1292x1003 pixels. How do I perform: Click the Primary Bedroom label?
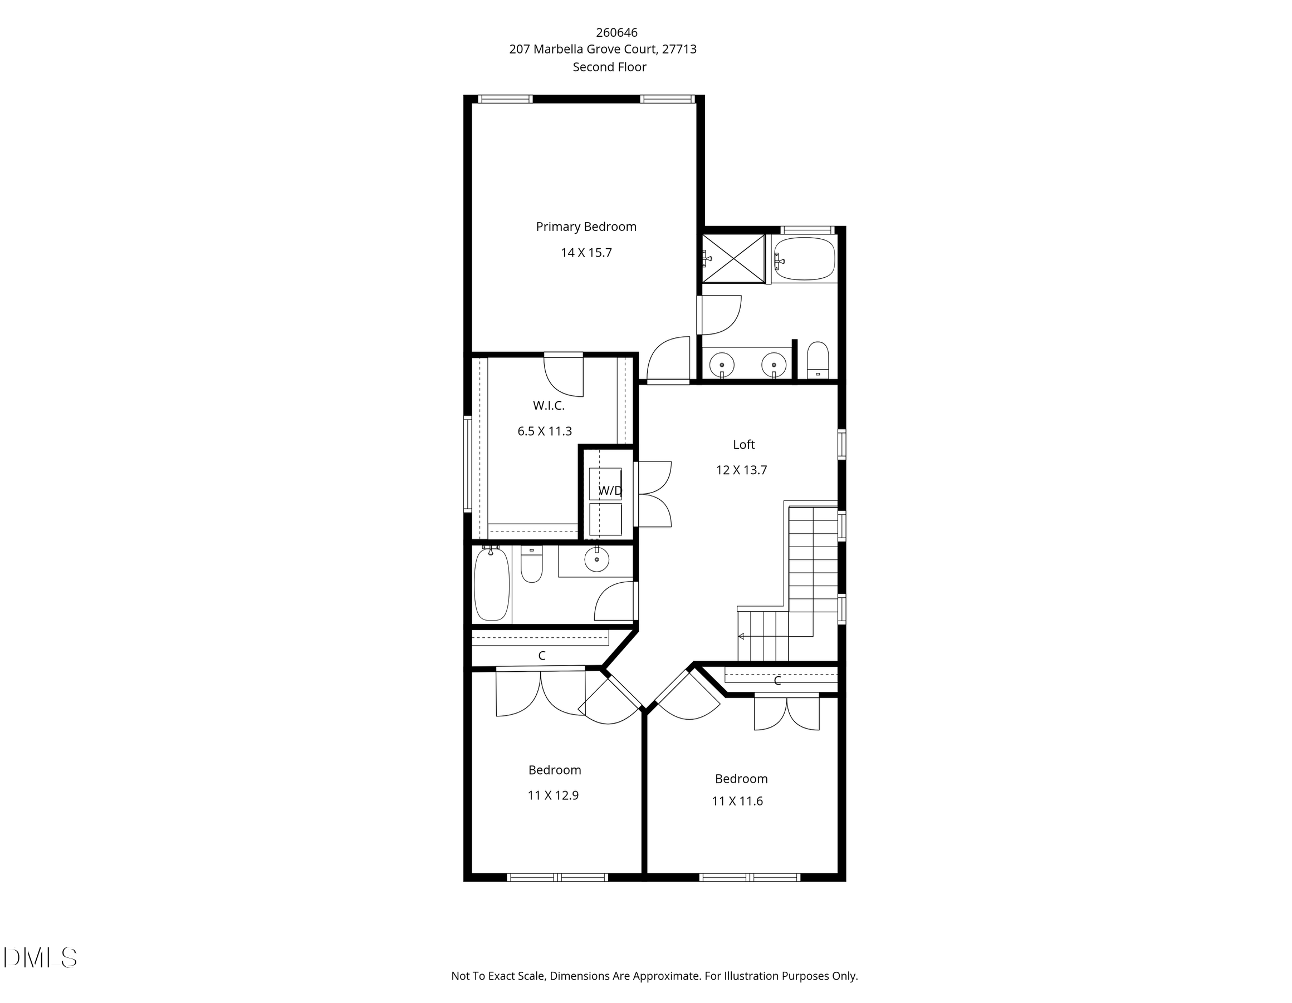[586, 227]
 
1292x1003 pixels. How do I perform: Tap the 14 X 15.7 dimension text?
[586, 253]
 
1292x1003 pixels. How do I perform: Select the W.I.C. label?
[549, 406]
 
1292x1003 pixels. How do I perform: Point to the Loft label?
[743, 444]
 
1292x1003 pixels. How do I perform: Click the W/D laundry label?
[610, 490]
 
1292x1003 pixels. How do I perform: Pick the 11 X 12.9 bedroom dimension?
[552, 795]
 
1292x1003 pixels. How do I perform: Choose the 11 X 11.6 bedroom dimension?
[737, 802]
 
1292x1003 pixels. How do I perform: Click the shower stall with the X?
[733, 258]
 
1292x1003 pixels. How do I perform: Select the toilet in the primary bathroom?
[818, 360]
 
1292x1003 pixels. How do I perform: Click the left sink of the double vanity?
[722, 363]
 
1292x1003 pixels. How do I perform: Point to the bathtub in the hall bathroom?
[492, 584]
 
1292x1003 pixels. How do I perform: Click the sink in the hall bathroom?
[596, 559]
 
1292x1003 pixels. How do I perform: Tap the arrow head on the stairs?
[741, 636]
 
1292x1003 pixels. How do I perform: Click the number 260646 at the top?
[616, 32]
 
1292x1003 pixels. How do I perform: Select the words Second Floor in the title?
[609, 67]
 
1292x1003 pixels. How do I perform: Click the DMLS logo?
[40, 957]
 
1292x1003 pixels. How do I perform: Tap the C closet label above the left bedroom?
[541, 655]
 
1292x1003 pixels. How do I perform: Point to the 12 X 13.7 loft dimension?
[741, 470]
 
